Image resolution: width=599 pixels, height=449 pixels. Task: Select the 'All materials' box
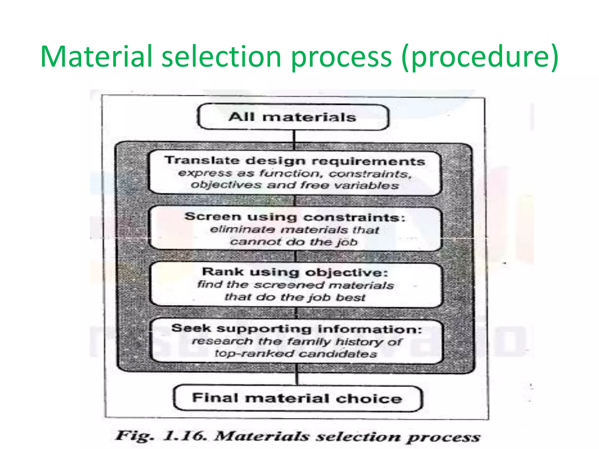[293, 117]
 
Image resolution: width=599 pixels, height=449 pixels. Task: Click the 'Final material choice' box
[297, 398]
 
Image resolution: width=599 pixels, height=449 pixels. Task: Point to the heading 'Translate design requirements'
[295, 161]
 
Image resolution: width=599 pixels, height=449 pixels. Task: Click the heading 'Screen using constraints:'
[295, 217]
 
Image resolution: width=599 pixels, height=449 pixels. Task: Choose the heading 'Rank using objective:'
[295, 272]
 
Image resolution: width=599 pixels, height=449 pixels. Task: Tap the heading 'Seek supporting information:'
[297, 329]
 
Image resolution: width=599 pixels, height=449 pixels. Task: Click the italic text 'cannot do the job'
[294, 242]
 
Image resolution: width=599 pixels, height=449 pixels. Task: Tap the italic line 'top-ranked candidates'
[296, 354]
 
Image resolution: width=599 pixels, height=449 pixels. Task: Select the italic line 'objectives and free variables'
[295, 185]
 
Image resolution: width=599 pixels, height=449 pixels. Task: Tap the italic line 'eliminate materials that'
[295, 230]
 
